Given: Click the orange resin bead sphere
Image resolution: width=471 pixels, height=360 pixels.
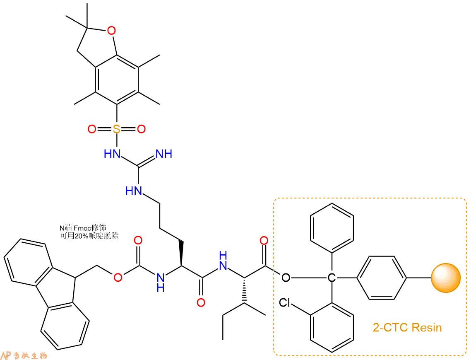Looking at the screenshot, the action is click(x=446, y=278).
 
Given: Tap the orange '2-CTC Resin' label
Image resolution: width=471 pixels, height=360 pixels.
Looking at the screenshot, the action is click(x=407, y=327).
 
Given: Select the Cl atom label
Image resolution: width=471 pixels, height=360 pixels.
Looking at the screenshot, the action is click(x=284, y=302).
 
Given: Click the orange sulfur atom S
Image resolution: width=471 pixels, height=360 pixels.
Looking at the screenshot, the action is click(x=116, y=129).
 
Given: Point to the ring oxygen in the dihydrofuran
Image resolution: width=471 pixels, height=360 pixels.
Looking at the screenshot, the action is click(x=111, y=30).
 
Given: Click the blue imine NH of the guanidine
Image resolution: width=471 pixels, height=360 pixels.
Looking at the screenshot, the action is click(x=164, y=154).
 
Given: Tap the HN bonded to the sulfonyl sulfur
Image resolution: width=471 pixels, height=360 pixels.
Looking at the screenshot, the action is click(x=112, y=154).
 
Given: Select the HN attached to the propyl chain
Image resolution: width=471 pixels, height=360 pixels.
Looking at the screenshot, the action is click(x=134, y=191).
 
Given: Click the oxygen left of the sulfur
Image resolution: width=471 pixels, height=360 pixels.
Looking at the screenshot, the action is click(x=91, y=129).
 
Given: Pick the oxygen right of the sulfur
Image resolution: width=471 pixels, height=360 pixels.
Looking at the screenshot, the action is click(x=141, y=129).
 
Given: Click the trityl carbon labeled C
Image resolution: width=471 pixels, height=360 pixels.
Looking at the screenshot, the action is click(x=332, y=277).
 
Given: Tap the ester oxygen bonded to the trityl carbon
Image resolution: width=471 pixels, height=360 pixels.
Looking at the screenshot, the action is click(x=286, y=277).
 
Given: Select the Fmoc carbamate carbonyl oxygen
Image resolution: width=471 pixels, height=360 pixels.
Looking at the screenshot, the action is click(x=138, y=240).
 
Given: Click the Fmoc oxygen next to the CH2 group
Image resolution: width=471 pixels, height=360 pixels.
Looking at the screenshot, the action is click(x=118, y=277).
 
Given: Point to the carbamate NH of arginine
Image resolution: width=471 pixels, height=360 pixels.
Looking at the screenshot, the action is click(x=161, y=283).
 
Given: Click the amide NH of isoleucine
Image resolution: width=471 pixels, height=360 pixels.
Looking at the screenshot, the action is click(x=223, y=261).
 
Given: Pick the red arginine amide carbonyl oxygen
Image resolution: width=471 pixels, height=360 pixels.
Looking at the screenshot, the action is click(x=201, y=302).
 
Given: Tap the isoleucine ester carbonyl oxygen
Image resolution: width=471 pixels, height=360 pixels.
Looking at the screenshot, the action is click(x=264, y=240).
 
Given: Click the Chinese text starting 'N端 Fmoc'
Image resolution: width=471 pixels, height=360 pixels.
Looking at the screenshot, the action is click(x=83, y=228).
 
